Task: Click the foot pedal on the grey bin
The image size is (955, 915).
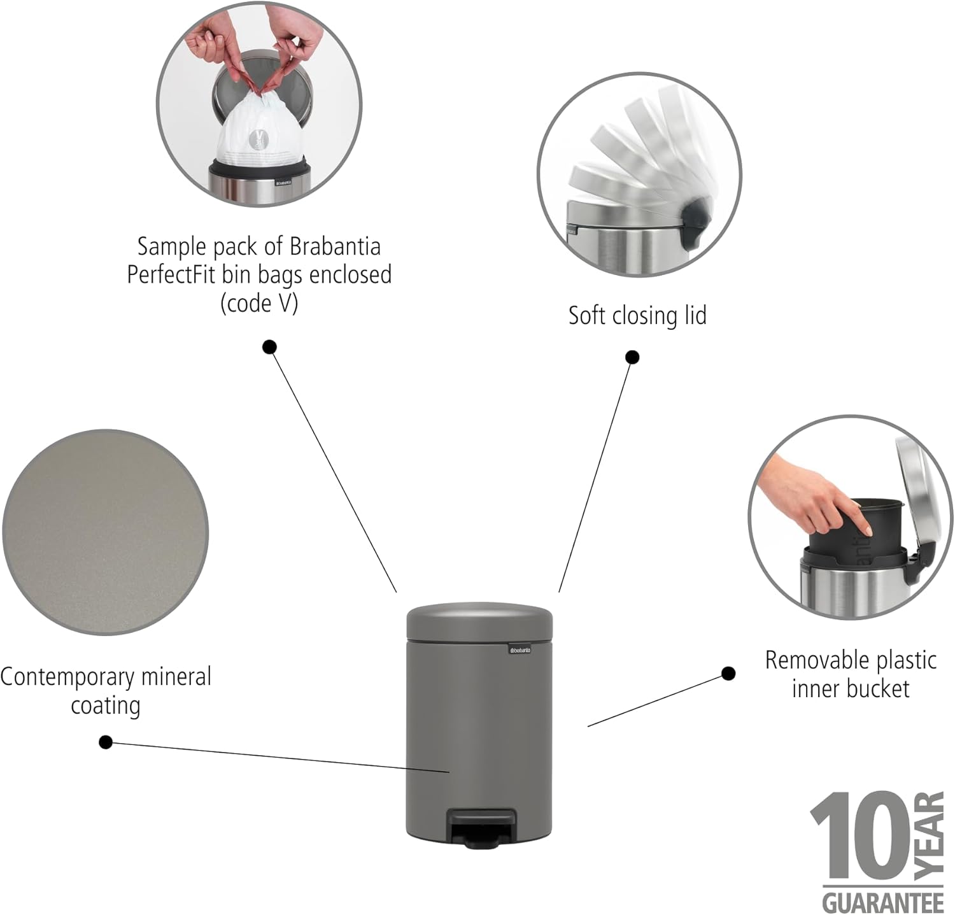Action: pyautogui.click(x=483, y=826)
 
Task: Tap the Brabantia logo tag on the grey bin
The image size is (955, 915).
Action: pyautogui.click(x=520, y=649)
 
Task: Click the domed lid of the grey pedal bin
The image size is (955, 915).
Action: pyautogui.click(x=479, y=620)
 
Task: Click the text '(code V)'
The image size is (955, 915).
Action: pyautogui.click(x=259, y=304)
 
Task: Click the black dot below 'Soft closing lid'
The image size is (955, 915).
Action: pyautogui.click(x=632, y=357)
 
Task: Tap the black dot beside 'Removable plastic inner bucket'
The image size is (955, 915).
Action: pyautogui.click(x=728, y=674)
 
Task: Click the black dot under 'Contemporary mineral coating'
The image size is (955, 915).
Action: pyautogui.click(x=106, y=742)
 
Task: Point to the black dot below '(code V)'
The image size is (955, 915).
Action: pyautogui.click(x=270, y=347)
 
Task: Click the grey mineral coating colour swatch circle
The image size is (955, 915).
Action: pyautogui.click(x=106, y=532)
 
